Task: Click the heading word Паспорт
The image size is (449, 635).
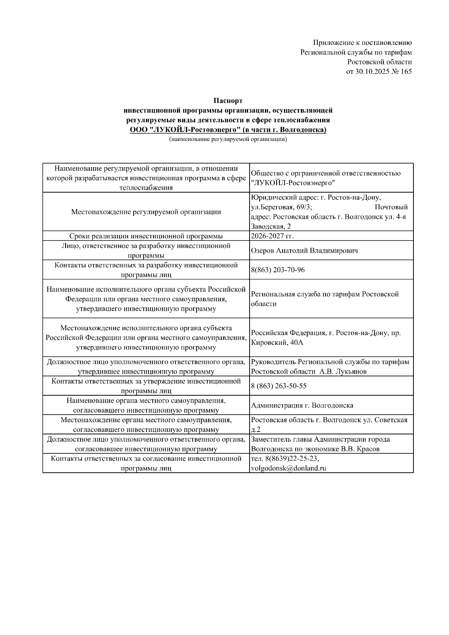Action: (x=228, y=101)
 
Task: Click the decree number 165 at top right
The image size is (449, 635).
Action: (x=406, y=71)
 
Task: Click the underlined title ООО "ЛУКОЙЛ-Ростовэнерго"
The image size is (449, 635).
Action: (x=185, y=130)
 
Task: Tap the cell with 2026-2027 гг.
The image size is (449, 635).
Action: (x=272, y=236)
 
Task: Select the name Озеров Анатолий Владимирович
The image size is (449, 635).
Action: (x=304, y=251)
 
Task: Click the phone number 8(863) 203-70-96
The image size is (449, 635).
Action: (x=278, y=270)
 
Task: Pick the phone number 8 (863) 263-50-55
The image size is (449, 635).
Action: (x=279, y=386)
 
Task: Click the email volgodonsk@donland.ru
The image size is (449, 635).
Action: (x=288, y=468)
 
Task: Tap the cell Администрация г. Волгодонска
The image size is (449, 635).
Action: (x=302, y=405)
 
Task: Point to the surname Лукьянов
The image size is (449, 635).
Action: (x=349, y=371)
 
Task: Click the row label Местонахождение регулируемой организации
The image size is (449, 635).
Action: (x=146, y=212)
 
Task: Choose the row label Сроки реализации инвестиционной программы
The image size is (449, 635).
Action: (x=146, y=236)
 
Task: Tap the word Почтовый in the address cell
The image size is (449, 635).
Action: (x=391, y=207)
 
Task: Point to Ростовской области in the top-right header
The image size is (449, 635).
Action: (x=379, y=62)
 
